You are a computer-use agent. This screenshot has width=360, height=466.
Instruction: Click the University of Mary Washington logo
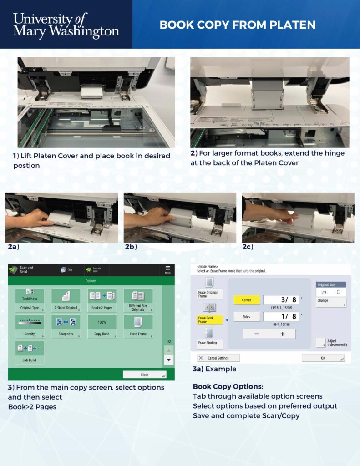coord(66,25)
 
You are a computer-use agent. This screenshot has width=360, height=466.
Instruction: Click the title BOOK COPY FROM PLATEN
coord(237,25)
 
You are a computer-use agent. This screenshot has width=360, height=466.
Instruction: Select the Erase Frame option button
coord(138,326)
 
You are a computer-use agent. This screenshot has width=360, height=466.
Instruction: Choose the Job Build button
coord(30,352)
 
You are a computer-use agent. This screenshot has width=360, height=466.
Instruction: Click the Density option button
coord(30,326)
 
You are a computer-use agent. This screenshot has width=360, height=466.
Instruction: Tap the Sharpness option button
coord(66,326)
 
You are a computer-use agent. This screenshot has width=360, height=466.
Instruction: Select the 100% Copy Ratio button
coord(102,326)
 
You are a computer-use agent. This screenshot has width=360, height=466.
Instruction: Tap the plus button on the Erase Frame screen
coord(282,334)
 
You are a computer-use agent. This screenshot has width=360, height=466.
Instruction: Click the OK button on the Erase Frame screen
coord(323,358)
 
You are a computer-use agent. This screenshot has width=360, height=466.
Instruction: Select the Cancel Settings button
coord(218,358)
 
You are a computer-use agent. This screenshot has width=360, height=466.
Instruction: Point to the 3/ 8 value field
coord(281,300)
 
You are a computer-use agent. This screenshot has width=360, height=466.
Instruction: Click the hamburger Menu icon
coord(167,269)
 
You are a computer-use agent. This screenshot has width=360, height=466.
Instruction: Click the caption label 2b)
coord(131,247)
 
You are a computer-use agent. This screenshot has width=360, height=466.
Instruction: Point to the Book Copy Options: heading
coord(228,387)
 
